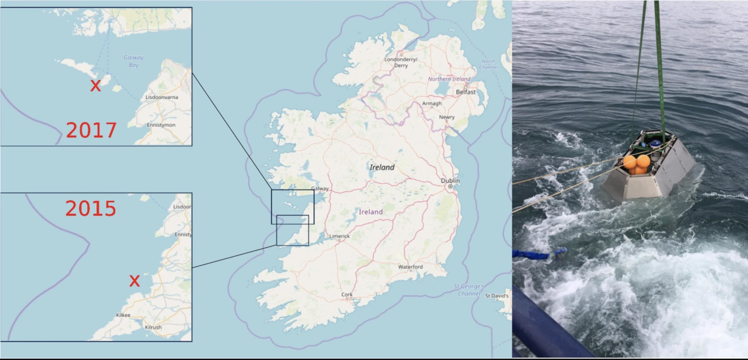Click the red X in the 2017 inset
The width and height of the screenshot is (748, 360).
[95, 85]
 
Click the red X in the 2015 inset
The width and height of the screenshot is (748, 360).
[134, 281]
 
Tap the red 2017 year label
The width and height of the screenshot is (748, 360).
[91, 130]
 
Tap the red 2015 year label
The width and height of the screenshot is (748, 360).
[90, 208]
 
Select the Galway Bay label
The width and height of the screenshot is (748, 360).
[134, 61]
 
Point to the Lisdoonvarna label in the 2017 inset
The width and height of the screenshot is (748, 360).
[162, 97]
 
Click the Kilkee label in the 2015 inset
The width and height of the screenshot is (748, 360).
[123, 315]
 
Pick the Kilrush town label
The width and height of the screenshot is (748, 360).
[153, 327]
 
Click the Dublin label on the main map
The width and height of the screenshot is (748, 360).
[450, 181]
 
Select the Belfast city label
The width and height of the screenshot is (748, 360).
[466, 92]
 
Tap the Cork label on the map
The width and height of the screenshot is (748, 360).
[347, 295]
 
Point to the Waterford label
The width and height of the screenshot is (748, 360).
[410, 267]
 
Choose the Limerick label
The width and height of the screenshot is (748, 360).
[339, 236]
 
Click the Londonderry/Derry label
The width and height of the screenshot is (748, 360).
[401, 62]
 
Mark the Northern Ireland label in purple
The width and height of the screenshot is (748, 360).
[449, 79]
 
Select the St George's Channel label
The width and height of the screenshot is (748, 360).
[469, 290]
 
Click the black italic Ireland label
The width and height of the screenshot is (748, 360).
[382, 167]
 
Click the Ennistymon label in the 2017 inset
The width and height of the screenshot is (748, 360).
[161, 125]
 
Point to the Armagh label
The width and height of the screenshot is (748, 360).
[432, 103]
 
